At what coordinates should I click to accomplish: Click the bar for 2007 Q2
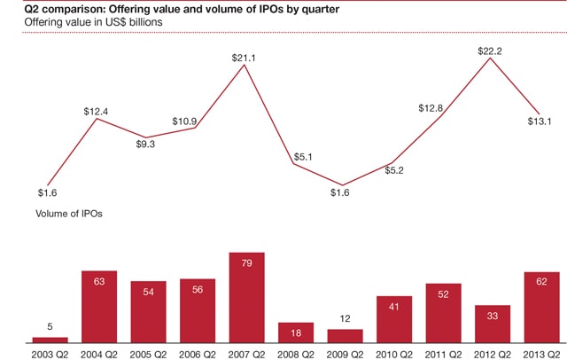[x=246, y=298]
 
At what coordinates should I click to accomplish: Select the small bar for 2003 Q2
[x=50, y=340]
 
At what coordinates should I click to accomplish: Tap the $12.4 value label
[x=97, y=111]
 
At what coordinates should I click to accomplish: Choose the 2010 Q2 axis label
[x=394, y=352]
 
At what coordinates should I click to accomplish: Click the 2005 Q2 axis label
[x=149, y=352]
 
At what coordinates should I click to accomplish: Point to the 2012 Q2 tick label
[x=493, y=352]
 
